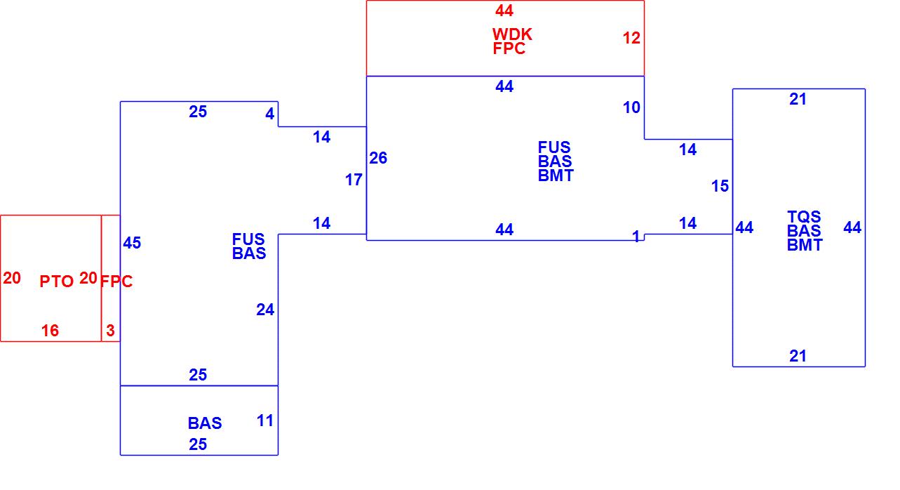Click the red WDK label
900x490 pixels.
pos(512,34)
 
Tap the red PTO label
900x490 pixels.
pos(56,282)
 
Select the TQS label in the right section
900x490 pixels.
pos(804,217)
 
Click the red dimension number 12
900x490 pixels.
pos(631,39)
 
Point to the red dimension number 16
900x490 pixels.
pos(50,331)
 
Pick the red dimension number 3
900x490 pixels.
pos(110,331)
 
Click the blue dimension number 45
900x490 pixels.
pos(132,243)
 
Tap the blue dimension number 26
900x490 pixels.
pos(378,158)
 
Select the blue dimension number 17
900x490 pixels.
pos(354,180)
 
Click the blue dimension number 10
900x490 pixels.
pos(631,107)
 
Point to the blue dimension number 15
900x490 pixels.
pos(720,186)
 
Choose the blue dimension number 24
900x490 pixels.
pos(265,310)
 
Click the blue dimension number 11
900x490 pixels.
pos(265,421)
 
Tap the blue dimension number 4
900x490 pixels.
pos(270,113)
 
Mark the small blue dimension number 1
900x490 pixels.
pos(636,237)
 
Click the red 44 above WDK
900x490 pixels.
pos(504,11)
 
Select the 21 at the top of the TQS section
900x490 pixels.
pos(798,100)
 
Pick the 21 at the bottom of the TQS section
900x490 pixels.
pos(798,356)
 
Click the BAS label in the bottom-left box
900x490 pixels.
pos(205,423)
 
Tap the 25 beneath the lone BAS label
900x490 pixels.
pos(198,444)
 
